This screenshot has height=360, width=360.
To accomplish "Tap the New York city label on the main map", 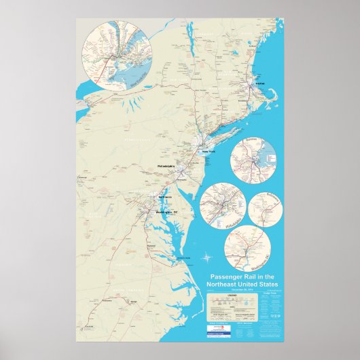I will pos(208,152).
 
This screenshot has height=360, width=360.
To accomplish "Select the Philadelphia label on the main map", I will pos(166,166).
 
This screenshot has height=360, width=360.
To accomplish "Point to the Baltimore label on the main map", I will pos(165,198).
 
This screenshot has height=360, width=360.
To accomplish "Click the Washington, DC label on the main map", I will pos(166,213).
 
